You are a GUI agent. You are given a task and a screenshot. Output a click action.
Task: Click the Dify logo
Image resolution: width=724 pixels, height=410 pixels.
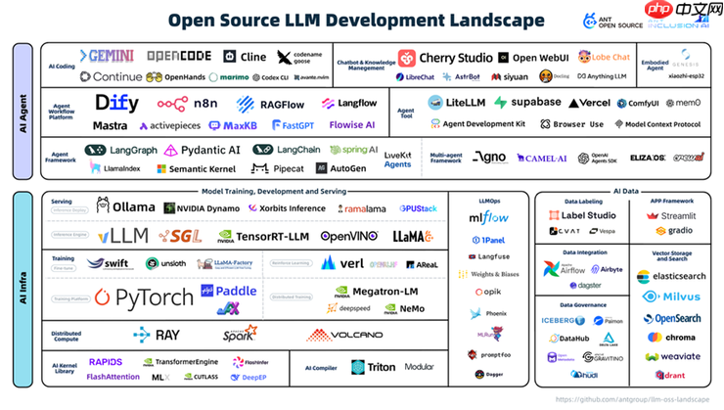116,103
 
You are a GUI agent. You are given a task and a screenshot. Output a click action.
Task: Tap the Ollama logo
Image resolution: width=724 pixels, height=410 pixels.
125,207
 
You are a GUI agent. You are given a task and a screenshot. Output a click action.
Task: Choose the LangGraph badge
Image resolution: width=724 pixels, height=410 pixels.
120,150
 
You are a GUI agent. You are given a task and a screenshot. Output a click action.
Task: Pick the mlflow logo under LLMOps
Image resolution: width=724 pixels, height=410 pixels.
488,218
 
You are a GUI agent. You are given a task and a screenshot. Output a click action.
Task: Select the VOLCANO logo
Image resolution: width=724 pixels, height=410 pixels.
342,335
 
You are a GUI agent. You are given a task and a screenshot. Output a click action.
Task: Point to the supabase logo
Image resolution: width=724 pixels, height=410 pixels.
527,102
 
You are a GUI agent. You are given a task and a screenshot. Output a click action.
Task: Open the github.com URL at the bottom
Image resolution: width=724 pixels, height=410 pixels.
634,400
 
